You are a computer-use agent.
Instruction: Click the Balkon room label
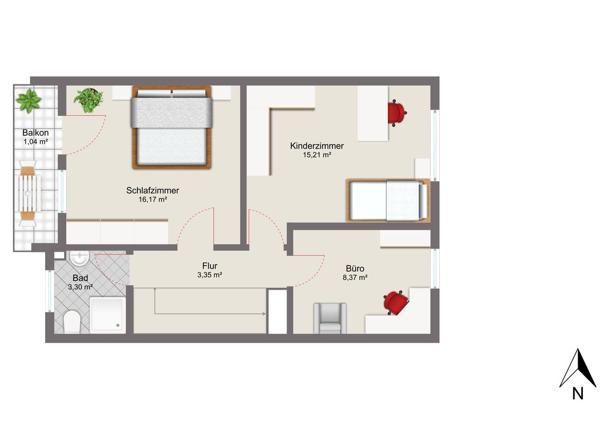(x=36, y=133)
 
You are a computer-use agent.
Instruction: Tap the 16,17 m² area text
(x=153, y=200)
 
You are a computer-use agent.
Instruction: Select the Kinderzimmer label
(x=317, y=146)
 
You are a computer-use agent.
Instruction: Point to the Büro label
(x=355, y=268)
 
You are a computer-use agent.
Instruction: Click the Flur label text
(x=210, y=265)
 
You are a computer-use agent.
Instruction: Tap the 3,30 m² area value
(x=81, y=287)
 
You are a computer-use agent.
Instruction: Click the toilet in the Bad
(x=72, y=321)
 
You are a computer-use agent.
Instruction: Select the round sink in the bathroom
(x=79, y=258)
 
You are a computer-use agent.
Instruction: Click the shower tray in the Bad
(x=108, y=315)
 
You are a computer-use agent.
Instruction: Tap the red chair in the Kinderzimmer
(x=396, y=113)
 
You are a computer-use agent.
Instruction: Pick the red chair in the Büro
(x=396, y=302)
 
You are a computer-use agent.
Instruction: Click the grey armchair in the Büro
(x=330, y=318)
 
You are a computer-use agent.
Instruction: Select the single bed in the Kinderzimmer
(x=388, y=201)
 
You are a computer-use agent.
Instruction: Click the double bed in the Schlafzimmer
(x=172, y=128)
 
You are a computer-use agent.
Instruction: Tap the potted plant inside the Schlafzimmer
(x=88, y=100)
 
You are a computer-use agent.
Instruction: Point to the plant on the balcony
(x=28, y=101)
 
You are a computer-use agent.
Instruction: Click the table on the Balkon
(x=28, y=193)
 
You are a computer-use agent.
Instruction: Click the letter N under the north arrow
(x=578, y=393)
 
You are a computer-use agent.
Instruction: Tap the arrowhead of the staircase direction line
(x=264, y=314)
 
